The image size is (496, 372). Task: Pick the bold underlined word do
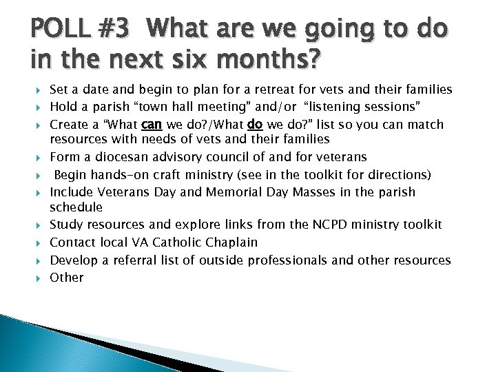tap(254, 125)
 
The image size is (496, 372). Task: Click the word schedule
tap(76, 207)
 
